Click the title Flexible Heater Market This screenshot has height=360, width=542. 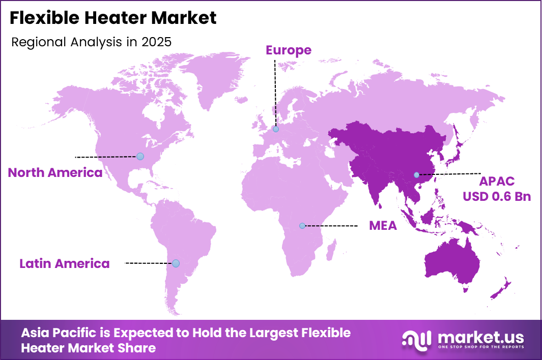[113, 18]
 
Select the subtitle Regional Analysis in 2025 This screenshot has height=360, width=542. [91, 42]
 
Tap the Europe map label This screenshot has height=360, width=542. [288, 50]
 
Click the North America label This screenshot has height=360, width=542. [55, 173]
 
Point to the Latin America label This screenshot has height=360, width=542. [64, 264]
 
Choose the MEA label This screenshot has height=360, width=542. [383, 226]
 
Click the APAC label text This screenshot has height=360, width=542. [497, 182]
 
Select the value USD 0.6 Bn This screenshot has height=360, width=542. [497, 196]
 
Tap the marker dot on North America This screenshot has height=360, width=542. [140, 156]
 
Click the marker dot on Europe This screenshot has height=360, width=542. [276, 129]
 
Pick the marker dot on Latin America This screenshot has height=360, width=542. [176, 263]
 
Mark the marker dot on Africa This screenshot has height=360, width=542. [302, 225]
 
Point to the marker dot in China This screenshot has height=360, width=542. [417, 175]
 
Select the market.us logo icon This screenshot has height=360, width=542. [417, 340]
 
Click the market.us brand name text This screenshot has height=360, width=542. [479, 337]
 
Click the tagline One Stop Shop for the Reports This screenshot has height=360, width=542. [479, 347]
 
